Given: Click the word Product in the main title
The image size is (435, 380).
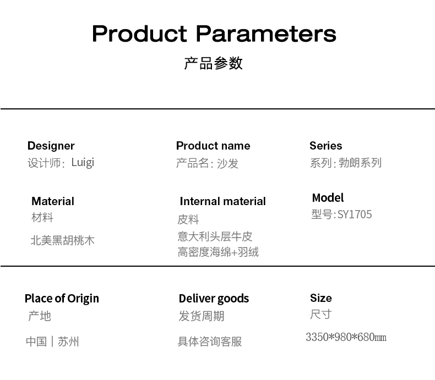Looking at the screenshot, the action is [x=139, y=34].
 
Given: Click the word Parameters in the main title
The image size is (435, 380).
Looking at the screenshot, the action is [x=266, y=34].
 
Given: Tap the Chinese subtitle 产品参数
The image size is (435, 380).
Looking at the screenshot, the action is [x=213, y=63].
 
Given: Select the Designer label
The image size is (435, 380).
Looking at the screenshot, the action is [x=51, y=146].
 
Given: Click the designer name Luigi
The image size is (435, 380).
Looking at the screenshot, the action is [x=83, y=163].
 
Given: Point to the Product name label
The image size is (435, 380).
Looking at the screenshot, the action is [x=213, y=146].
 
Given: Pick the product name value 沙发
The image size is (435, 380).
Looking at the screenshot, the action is [x=227, y=163].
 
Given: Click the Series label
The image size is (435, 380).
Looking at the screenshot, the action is [x=325, y=146].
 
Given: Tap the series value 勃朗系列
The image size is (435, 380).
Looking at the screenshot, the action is [x=360, y=163].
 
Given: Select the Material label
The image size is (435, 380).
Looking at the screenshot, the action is [x=53, y=201].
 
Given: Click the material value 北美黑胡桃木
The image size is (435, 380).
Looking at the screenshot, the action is [x=62, y=240].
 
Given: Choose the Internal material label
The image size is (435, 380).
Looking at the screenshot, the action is [x=223, y=201].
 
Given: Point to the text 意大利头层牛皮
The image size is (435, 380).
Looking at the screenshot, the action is [x=215, y=236].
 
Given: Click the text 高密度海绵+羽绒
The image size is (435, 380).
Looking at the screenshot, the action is [x=218, y=252].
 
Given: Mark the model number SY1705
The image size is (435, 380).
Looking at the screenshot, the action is [x=355, y=214].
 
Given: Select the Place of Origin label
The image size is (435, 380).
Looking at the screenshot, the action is [x=62, y=299].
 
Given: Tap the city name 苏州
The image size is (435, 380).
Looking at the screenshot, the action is [x=68, y=342].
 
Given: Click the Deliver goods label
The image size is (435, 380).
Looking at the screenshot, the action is [x=214, y=299].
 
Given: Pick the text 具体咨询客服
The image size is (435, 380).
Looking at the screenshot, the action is [x=210, y=342].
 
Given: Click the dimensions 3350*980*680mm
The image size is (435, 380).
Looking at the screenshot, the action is [x=346, y=337].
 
